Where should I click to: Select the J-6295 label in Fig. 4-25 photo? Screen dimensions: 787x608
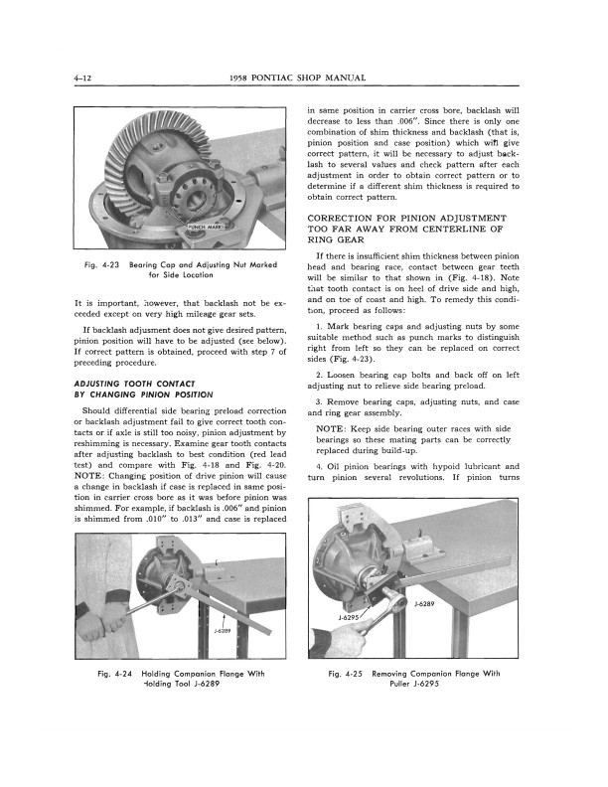click(x=349, y=617)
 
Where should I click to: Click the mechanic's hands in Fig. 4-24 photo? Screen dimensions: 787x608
click(x=99, y=616)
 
